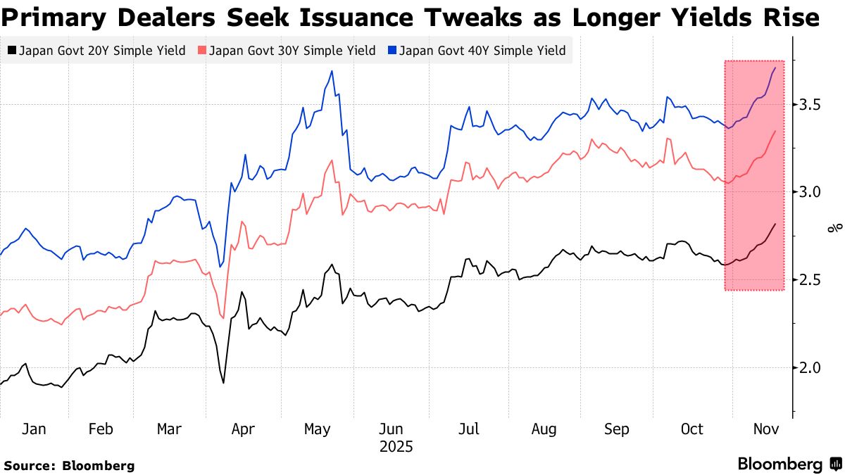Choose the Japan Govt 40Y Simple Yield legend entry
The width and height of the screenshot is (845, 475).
(476, 51)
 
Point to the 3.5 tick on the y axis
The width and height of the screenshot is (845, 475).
(810, 105)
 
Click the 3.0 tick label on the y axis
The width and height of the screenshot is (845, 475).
(810, 192)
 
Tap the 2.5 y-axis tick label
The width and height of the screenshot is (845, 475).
(810, 280)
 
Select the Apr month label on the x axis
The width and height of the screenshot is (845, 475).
(243, 430)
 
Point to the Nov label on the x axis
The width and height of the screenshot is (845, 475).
(767, 430)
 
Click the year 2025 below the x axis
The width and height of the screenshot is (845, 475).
(396, 447)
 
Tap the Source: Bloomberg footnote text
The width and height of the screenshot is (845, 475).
(69, 465)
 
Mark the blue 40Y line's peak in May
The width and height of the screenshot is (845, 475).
(332, 71)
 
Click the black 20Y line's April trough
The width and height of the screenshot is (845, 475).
(223, 382)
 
